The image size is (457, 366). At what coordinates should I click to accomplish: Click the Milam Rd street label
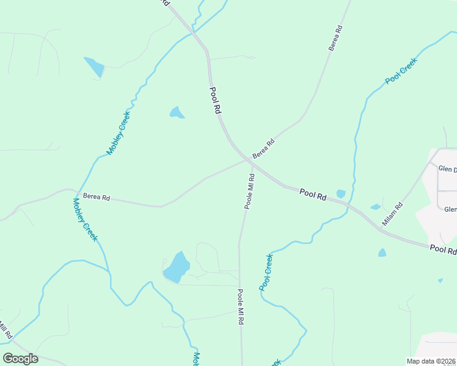[393, 214]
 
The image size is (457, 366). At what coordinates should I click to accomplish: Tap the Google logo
[20, 358]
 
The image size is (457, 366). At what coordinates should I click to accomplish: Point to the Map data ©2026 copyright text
[431, 361]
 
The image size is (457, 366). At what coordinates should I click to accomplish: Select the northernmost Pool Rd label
[214, 101]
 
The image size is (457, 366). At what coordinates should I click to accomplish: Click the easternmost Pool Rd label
[443, 249]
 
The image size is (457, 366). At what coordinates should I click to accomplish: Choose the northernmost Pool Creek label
[401, 71]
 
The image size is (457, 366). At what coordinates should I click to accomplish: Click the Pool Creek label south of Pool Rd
[266, 272]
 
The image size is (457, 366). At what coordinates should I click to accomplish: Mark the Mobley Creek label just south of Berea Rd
[84, 219]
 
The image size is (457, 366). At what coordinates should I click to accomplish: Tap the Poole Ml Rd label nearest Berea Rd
[249, 191]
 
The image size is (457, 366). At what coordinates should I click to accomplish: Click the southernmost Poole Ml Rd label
[241, 307]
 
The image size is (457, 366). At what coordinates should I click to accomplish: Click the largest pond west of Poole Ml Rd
[177, 267]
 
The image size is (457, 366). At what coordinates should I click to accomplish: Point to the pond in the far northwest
[95, 66]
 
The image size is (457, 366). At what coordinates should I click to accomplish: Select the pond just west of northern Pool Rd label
[177, 113]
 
